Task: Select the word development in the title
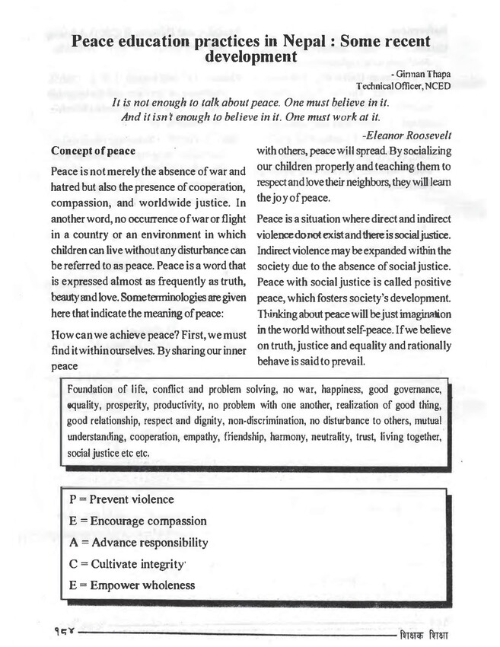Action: coord(250,56)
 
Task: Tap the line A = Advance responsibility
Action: coord(139,543)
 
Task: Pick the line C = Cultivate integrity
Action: coord(127,564)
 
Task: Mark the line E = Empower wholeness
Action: coord(132,585)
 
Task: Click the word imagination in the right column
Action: coord(416,315)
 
